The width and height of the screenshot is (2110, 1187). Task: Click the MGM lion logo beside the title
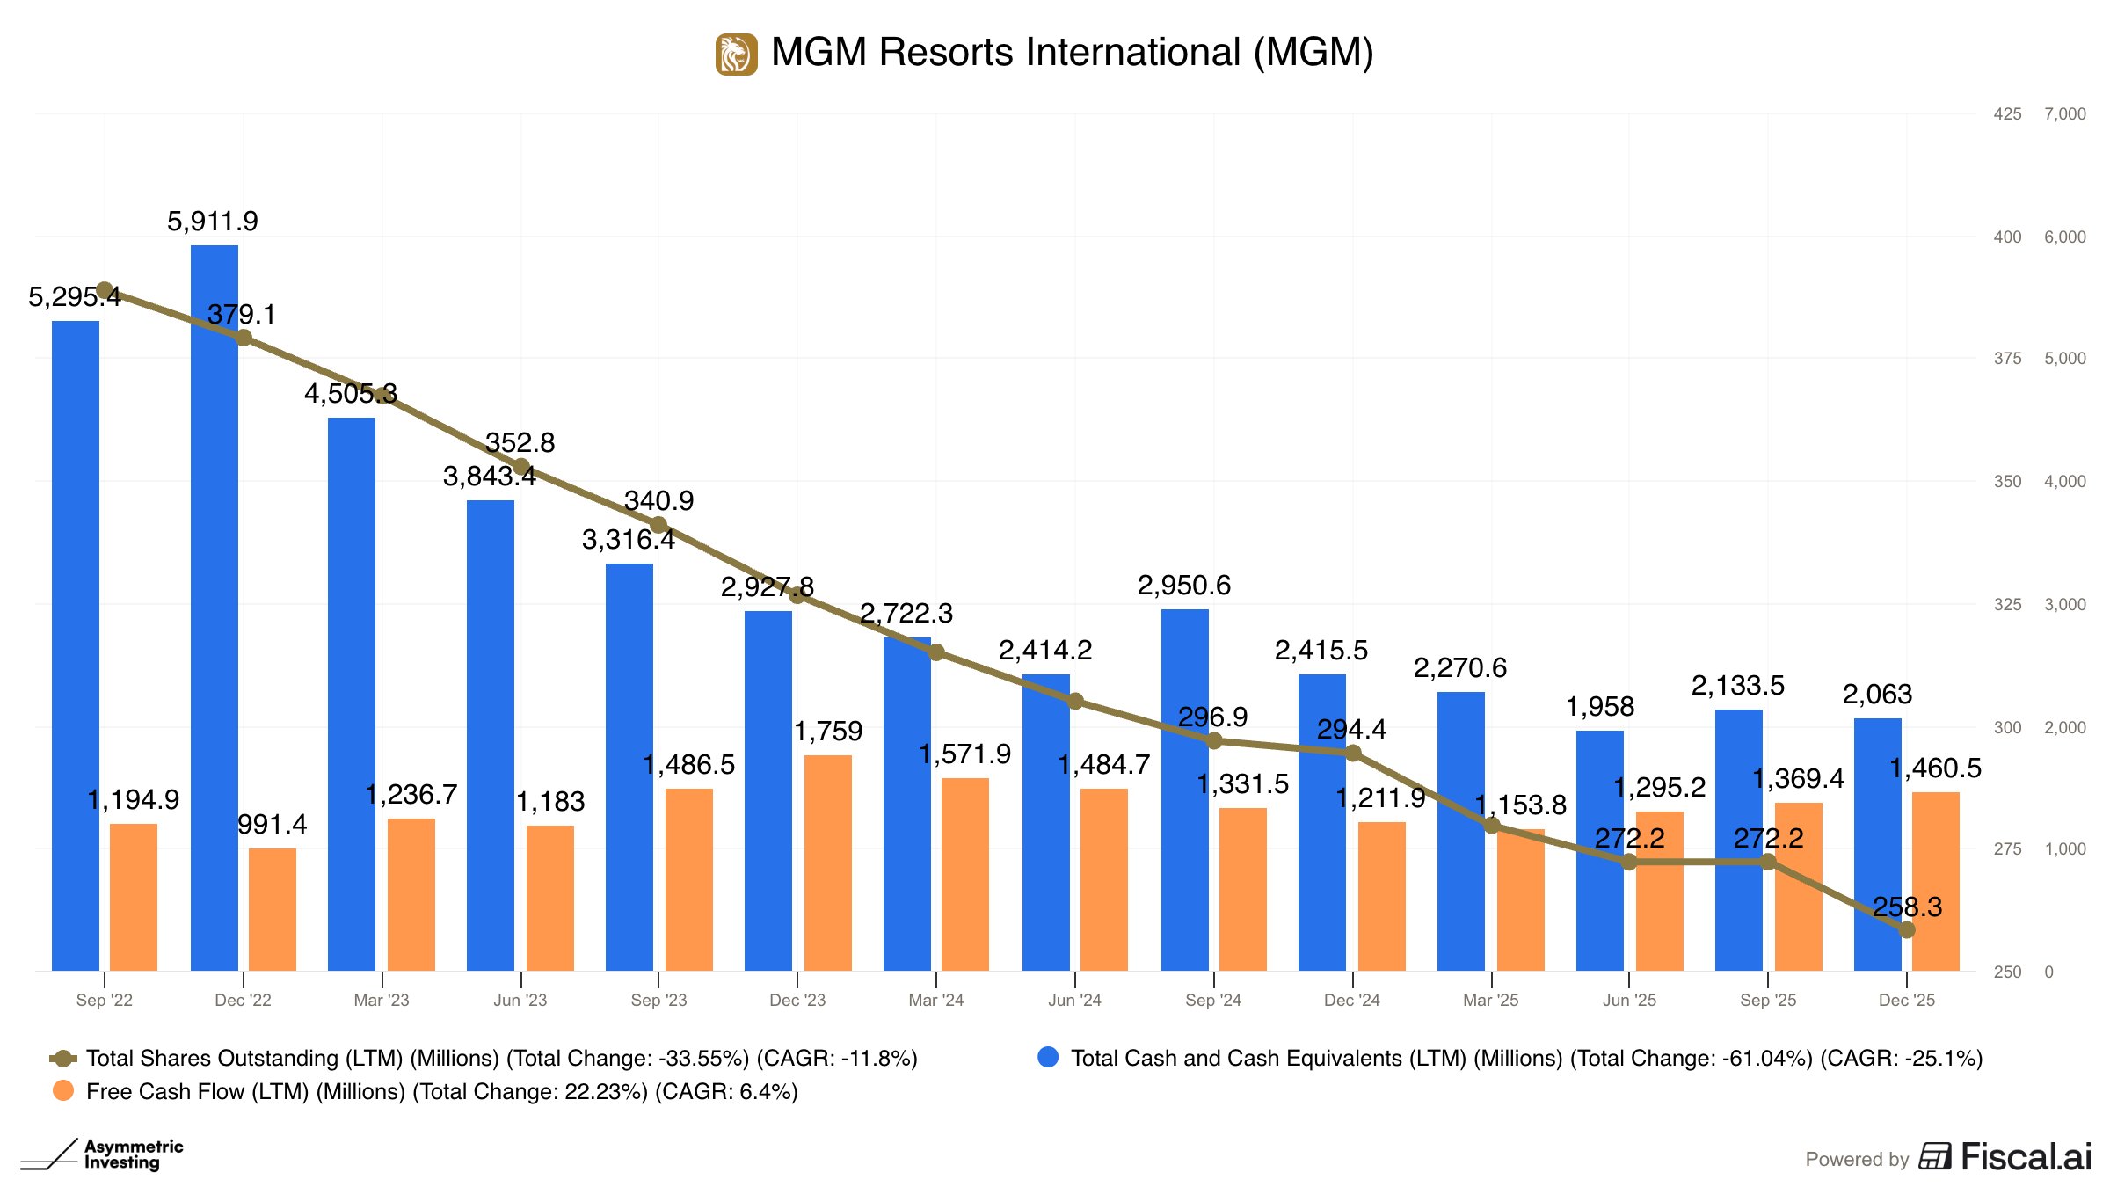click(736, 55)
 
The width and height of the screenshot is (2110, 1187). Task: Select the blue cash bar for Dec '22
click(215, 607)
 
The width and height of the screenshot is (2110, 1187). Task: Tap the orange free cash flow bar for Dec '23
click(827, 862)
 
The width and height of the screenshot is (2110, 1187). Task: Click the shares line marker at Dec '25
click(1906, 929)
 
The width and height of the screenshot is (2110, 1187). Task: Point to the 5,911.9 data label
click(213, 221)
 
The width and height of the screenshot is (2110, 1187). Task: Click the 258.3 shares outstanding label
click(1907, 907)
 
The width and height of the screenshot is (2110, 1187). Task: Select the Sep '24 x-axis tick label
click(1213, 1000)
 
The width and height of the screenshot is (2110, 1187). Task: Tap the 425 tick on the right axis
click(2007, 113)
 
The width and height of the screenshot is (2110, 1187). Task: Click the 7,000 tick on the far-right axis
click(2064, 113)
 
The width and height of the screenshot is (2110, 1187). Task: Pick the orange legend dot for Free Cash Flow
click(63, 1091)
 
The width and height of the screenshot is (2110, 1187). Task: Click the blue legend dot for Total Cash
click(1048, 1057)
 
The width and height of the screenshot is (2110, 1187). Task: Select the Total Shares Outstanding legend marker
click(63, 1058)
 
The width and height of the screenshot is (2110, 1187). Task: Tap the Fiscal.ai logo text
click(2026, 1157)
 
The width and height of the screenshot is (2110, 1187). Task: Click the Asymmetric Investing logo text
click(134, 1154)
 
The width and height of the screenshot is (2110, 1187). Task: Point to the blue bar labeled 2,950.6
click(1185, 791)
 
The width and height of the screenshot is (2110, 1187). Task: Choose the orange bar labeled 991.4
click(273, 910)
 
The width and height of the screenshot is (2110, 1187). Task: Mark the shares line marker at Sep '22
click(105, 290)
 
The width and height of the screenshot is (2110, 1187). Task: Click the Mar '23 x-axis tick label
click(382, 1000)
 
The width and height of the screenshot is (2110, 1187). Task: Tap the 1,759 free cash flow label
click(828, 731)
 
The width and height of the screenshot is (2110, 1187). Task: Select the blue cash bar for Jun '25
click(1600, 851)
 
